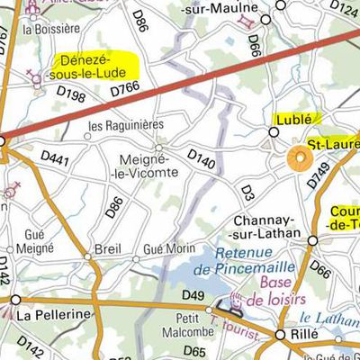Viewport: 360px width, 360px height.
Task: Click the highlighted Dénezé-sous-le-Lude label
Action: pos(94,65)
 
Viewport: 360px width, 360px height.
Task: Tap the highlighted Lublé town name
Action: pos(293,119)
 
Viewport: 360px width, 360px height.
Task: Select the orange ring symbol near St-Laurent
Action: pos(298,159)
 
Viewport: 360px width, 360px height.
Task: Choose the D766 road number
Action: pos(126,89)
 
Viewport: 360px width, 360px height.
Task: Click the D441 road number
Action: pos(56,157)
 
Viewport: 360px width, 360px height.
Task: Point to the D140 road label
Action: pos(202,158)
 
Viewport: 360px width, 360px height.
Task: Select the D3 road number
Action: pos(247,191)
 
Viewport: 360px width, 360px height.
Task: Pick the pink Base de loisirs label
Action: pos(276,290)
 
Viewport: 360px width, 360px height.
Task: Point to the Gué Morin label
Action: pos(169,247)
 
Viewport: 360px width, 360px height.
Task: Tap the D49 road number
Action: pos(193,295)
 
